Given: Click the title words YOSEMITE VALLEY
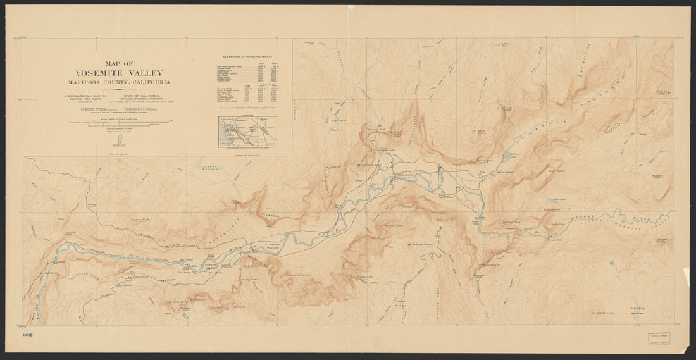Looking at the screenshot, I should tap(119, 73).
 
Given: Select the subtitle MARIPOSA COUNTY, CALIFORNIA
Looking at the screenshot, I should tap(119, 82).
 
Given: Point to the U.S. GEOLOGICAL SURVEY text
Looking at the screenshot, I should tap(85, 96).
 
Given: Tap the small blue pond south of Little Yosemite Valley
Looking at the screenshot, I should tap(611, 262).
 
